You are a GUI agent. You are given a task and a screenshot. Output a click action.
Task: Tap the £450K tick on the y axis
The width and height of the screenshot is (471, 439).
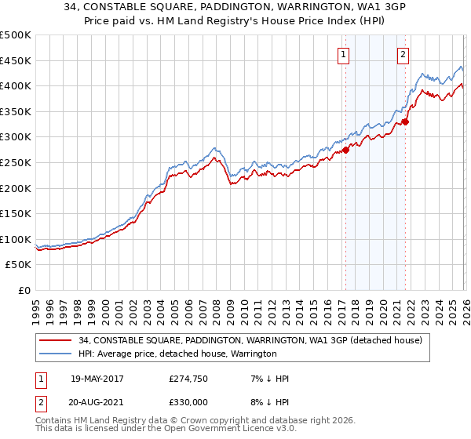[16, 60]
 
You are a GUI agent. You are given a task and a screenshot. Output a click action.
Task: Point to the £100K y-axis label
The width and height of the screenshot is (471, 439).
[16, 240]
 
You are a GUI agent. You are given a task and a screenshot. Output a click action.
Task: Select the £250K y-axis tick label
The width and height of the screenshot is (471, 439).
[16, 163]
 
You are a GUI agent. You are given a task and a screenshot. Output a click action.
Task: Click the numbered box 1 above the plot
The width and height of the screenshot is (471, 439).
[344, 55]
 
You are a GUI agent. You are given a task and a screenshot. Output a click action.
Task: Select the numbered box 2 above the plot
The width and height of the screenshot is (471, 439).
[403, 55]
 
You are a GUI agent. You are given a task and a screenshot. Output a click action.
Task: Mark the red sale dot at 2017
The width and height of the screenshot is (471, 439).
[345, 151]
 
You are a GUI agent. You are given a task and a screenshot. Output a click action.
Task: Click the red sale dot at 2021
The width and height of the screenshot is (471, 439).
[405, 122]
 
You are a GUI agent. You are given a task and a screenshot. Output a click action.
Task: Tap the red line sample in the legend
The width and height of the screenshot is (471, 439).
[57, 340]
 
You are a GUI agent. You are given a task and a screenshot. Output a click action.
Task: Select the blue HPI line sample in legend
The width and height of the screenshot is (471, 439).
[57, 354]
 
